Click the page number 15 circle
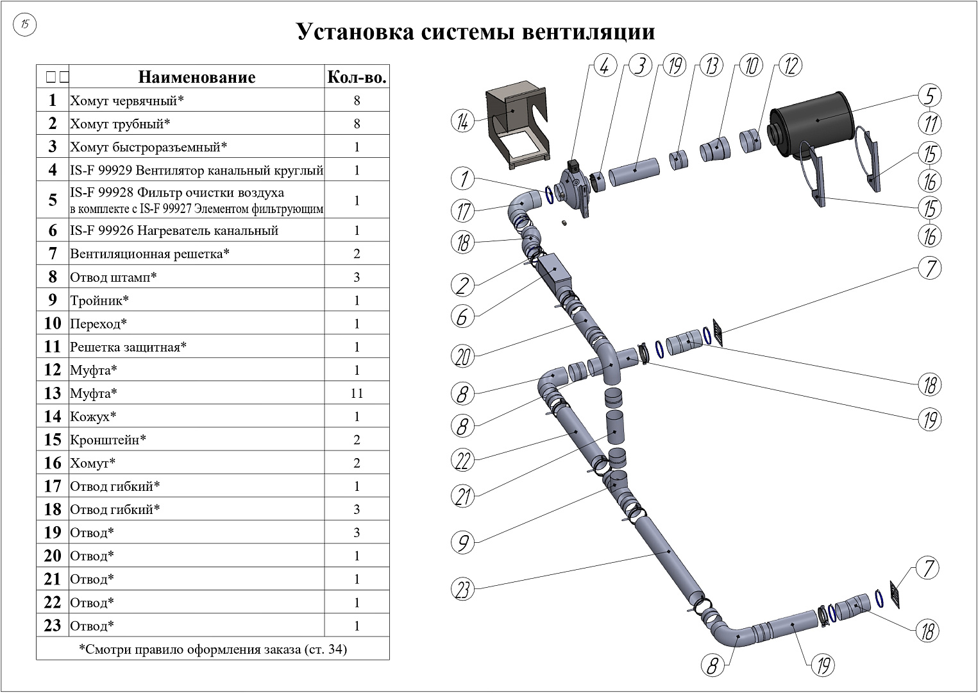click(x=25, y=25)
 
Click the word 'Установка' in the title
click(x=355, y=32)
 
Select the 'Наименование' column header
click(x=197, y=78)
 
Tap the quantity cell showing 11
click(x=357, y=393)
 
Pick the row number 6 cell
click(x=53, y=230)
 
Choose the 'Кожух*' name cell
click(x=94, y=416)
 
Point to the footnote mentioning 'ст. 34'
click(x=213, y=649)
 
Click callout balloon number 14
click(x=462, y=121)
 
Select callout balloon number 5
click(x=929, y=96)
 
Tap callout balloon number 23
click(x=463, y=589)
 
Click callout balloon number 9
click(x=462, y=543)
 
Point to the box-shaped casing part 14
click(x=516, y=125)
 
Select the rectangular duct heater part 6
click(x=553, y=275)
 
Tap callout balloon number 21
click(x=462, y=495)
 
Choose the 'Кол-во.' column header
click(x=357, y=78)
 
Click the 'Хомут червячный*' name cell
click(x=127, y=101)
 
